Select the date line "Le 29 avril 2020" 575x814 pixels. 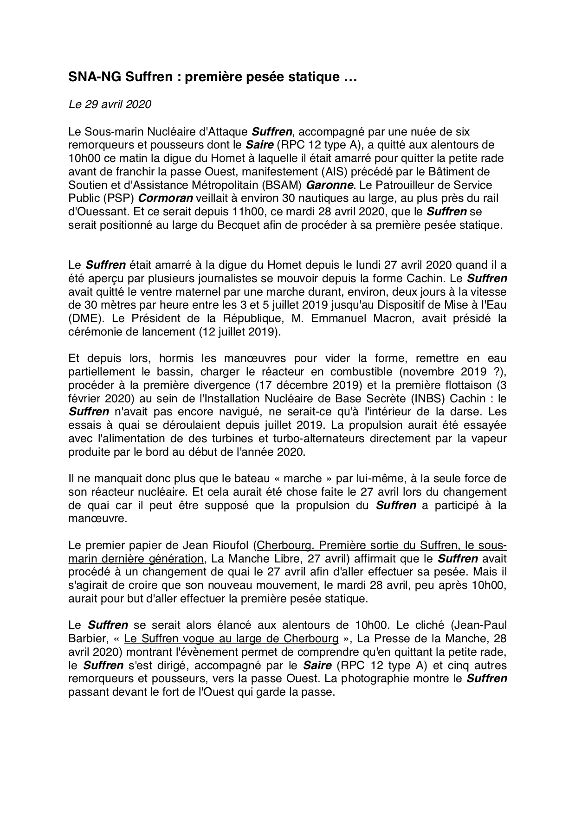[110, 104]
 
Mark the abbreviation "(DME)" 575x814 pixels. [82, 319]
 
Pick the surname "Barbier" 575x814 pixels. [87, 639]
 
